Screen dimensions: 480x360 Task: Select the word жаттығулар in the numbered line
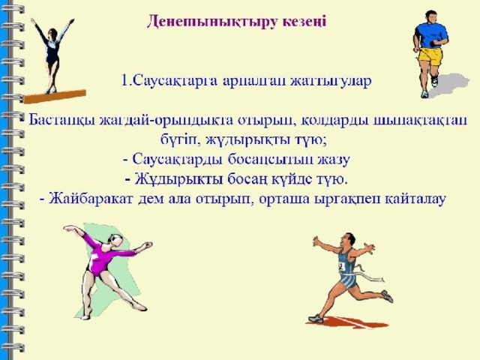pos(331,81)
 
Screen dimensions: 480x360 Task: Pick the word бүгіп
pos(177,140)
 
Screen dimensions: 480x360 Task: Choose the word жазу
pos(334,160)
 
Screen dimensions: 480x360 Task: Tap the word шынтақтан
pos(421,120)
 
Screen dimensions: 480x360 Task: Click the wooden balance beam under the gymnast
pos(55,97)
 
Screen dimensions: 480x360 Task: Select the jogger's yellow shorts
pos(430,56)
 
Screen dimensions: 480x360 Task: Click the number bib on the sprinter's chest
pos(342,265)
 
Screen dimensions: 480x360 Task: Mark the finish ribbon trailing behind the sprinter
pos(369,274)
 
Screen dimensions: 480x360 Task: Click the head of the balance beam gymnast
pos(52,33)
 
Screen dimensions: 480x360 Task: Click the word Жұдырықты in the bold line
pos(178,180)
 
